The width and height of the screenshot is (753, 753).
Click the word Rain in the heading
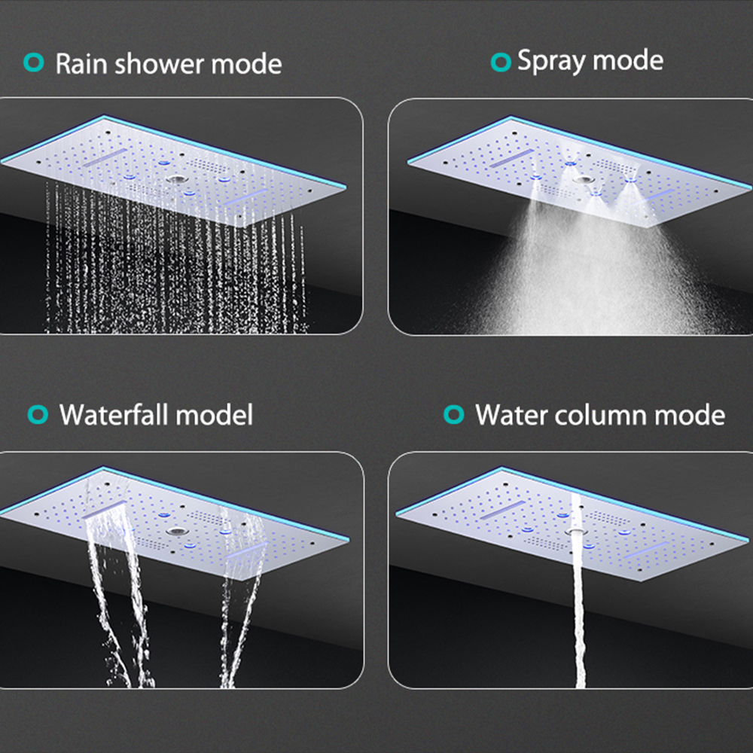(81, 64)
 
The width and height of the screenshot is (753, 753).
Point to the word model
(214, 414)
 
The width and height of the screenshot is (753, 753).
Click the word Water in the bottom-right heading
(511, 415)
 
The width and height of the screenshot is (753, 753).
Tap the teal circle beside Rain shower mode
(34, 62)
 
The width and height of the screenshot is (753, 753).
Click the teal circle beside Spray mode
(501, 62)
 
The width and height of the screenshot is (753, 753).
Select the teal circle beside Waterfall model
(38, 414)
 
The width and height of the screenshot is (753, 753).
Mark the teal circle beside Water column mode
(454, 414)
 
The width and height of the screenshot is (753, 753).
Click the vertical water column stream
(578, 590)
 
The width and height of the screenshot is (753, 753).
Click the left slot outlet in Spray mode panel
(511, 158)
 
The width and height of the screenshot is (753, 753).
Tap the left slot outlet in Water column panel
(503, 510)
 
